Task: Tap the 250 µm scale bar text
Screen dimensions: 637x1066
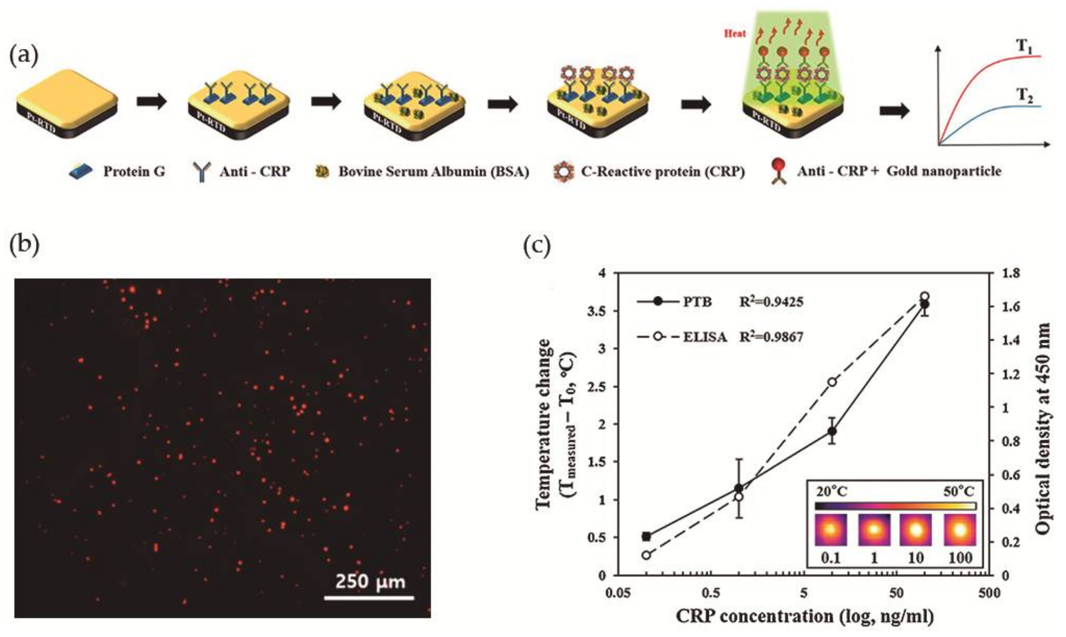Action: [x=370, y=582]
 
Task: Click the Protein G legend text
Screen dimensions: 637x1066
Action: [x=134, y=172]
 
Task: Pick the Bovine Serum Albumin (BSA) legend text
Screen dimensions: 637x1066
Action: [x=433, y=172]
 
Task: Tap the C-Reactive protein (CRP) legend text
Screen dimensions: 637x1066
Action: [x=663, y=172]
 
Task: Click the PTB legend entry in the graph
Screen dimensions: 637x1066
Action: [x=698, y=302]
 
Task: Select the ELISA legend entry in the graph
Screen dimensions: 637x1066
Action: [x=705, y=337]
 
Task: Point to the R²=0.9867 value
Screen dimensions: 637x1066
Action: [x=771, y=337]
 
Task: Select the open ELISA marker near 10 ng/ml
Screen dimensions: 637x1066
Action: [x=832, y=382]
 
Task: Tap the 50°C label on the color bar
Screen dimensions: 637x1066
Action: [x=959, y=492]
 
